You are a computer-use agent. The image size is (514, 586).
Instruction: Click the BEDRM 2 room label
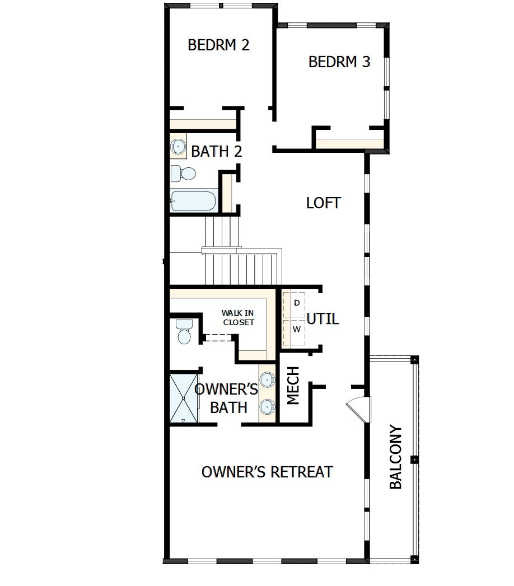click(x=218, y=45)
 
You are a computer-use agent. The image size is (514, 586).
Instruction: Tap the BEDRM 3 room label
click(x=339, y=62)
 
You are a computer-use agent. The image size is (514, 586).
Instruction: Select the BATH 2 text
click(x=217, y=151)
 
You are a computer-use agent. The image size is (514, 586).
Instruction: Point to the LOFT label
click(x=324, y=203)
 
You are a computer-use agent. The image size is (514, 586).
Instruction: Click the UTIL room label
click(x=323, y=319)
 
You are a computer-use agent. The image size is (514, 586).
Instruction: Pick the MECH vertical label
click(x=293, y=386)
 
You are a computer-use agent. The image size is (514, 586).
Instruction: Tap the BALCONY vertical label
click(x=396, y=457)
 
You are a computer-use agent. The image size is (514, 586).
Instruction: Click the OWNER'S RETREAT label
click(x=267, y=472)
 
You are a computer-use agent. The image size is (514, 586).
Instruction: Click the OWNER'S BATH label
click(x=227, y=399)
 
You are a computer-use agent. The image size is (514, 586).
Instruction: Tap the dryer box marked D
click(x=297, y=303)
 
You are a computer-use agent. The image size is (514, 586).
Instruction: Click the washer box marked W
click(x=297, y=329)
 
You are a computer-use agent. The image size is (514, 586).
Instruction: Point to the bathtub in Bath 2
click(x=193, y=201)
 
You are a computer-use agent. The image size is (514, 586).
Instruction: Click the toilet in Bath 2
click(x=183, y=174)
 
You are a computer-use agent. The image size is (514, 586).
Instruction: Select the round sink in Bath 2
click(x=178, y=147)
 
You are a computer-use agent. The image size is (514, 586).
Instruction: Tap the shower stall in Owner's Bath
click(x=184, y=399)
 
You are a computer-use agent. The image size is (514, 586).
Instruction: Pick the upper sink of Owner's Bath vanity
click(x=268, y=381)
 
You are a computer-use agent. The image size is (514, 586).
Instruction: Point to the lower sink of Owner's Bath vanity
click(x=268, y=407)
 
